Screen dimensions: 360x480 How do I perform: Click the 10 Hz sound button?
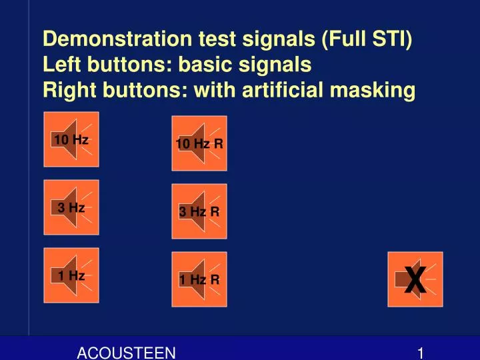[x=71, y=139]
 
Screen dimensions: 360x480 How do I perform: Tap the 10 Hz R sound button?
[x=199, y=143]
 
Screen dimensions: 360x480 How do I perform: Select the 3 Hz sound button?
[x=71, y=207]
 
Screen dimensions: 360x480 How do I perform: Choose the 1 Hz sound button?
[x=71, y=275]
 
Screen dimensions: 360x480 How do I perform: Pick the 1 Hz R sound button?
[x=199, y=279]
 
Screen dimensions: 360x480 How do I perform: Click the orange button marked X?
[x=415, y=279]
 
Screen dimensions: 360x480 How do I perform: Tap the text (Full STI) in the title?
[x=367, y=39]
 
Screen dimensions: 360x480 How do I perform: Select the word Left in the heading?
[x=60, y=65]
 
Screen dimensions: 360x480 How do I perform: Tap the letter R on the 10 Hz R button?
[x=218, y=144]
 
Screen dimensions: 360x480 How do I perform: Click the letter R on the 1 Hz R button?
[x=215, y=280]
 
